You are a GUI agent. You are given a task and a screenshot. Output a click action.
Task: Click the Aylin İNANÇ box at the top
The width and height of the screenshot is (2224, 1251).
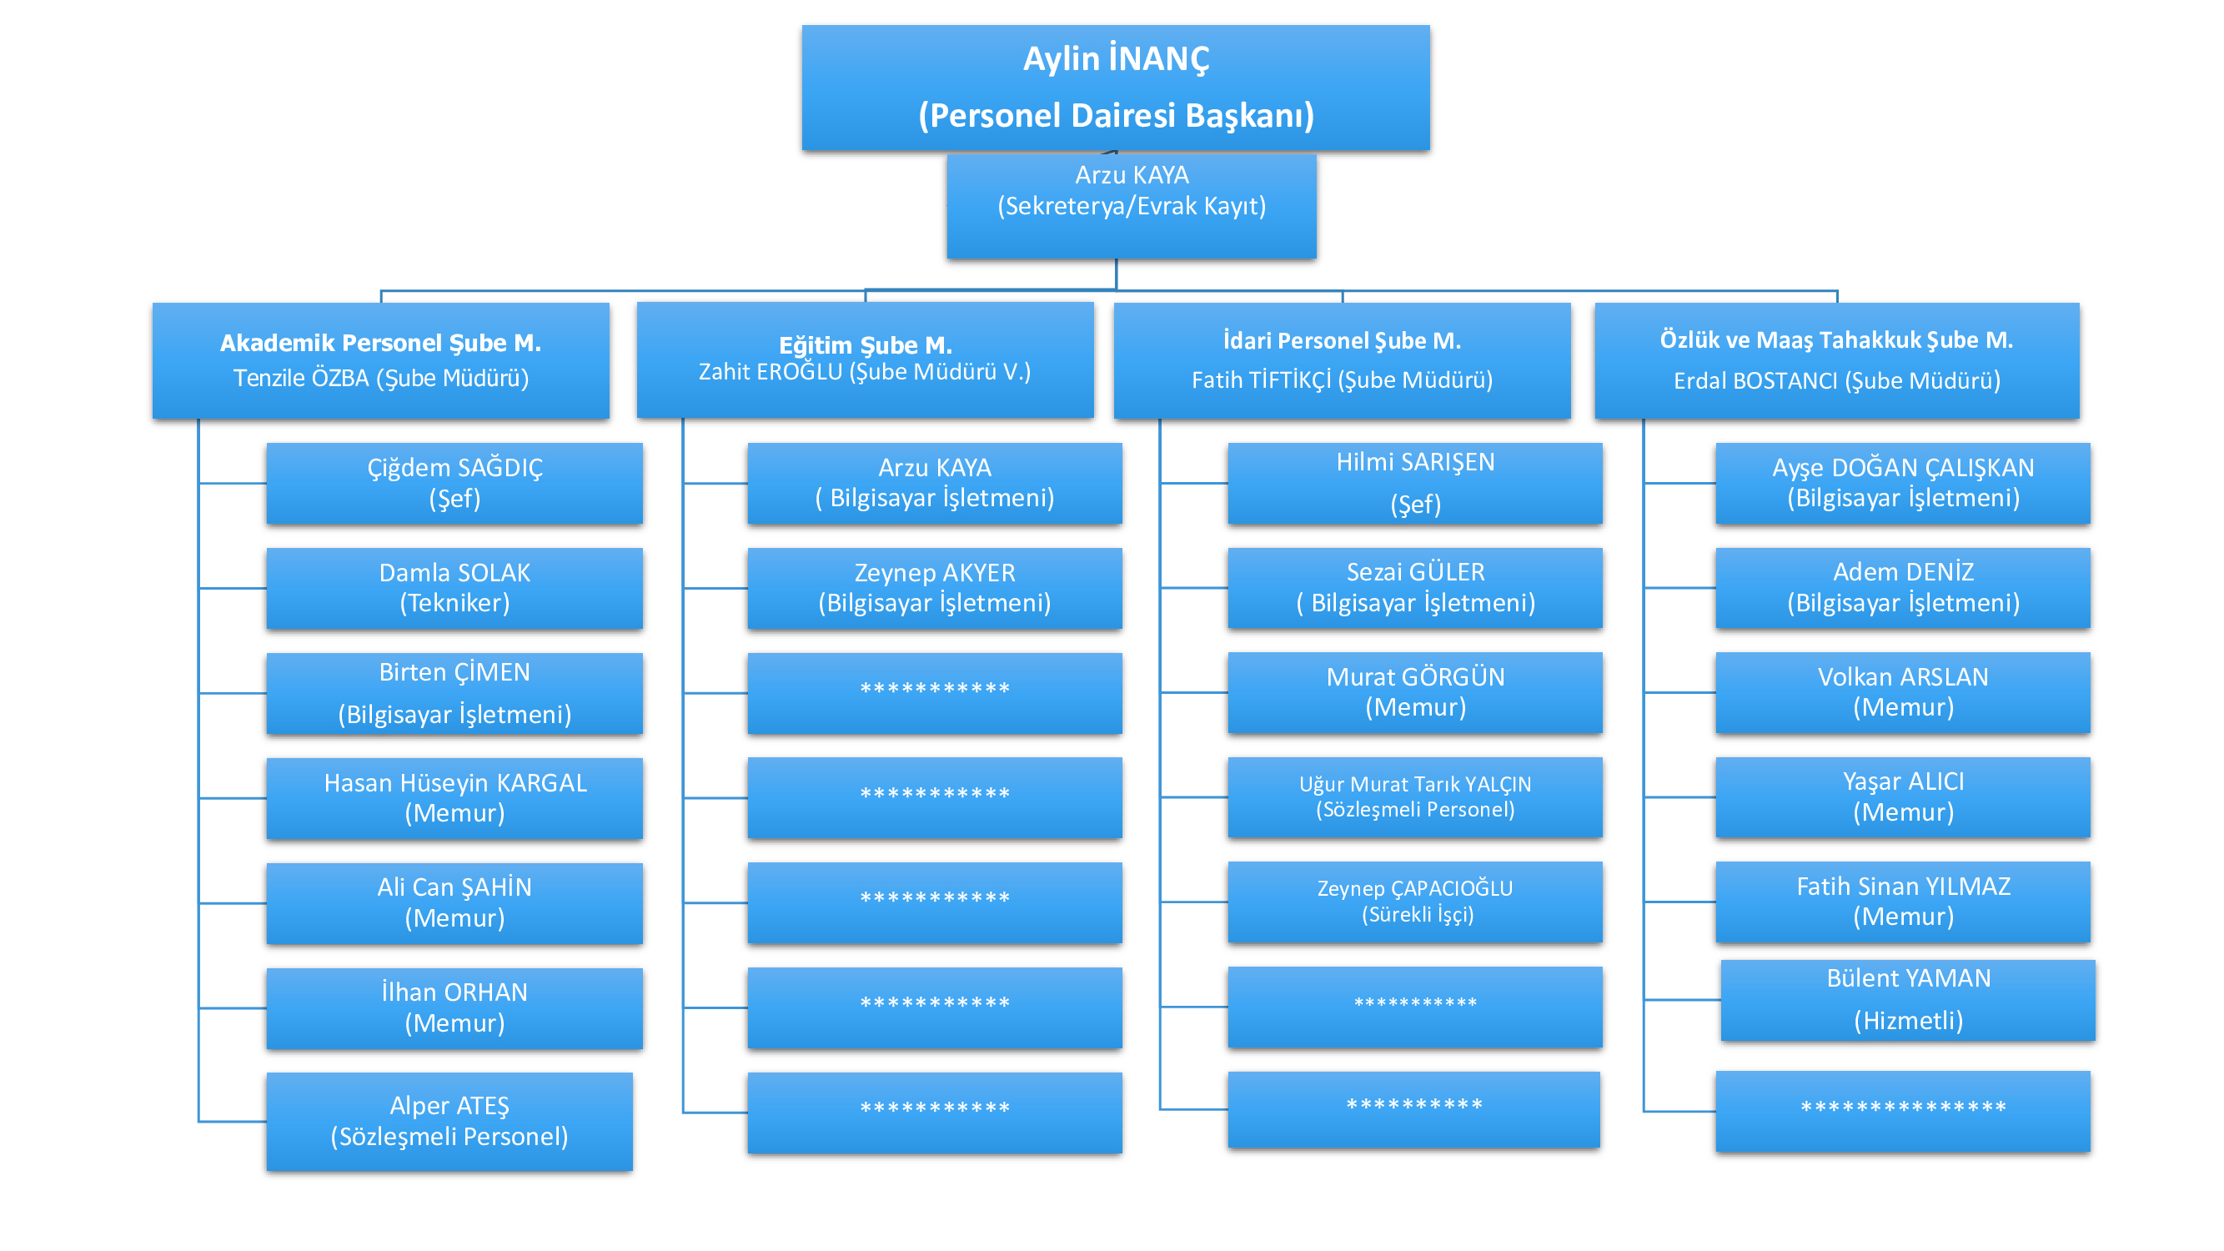click(x=1116, y=88)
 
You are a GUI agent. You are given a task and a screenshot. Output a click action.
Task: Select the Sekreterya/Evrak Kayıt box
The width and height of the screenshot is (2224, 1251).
click(x=1131, y=205)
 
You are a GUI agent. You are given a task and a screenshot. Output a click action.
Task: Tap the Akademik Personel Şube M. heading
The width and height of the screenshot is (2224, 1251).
click(x=381, y=343)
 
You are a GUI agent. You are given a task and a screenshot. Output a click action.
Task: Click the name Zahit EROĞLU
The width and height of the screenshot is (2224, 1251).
click(x=771, y=372)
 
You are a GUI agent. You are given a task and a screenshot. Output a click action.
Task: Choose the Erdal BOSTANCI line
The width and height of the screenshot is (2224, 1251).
click(x=1836, y=381)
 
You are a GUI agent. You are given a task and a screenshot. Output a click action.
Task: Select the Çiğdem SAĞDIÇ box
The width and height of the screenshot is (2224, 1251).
click(x=454, y=484)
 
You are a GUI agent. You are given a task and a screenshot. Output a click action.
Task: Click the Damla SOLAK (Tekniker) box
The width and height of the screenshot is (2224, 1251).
click(x=454, y=588)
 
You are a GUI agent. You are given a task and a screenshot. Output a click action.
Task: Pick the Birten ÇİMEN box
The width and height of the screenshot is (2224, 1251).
click(x=454, y=693)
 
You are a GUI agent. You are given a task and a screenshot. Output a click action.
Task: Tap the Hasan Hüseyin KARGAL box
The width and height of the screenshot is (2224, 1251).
click(x=454, y=798)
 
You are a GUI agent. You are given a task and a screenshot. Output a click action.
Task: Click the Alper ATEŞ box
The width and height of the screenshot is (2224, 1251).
click(x=449, y=1121)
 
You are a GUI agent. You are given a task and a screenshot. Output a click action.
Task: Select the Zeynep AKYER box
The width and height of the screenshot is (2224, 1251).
click(x=934, y=588)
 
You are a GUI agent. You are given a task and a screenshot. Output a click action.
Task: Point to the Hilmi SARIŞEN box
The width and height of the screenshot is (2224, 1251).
click(x=1414, y=484)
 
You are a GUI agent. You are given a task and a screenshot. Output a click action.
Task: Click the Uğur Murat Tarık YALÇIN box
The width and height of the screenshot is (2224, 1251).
click(x=1414, y=796)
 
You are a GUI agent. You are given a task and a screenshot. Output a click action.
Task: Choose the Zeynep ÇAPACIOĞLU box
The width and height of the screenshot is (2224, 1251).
click(x=1414, y=902)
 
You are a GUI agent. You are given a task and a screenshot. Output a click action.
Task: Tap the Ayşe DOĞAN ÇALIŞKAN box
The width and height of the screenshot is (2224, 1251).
click(x=1903, y=484)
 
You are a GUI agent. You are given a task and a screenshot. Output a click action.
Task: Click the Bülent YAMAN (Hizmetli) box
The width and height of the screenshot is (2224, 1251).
click(x=1908, y=1000)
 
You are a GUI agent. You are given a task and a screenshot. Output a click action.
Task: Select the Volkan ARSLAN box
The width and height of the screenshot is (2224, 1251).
click(x=1903, y=692)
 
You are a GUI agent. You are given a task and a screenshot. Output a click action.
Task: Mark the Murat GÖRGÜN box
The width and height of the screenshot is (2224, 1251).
click(x=1414, y=692)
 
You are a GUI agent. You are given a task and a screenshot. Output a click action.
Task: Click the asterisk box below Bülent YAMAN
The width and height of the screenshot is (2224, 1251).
click(x=1903, y=1111)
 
